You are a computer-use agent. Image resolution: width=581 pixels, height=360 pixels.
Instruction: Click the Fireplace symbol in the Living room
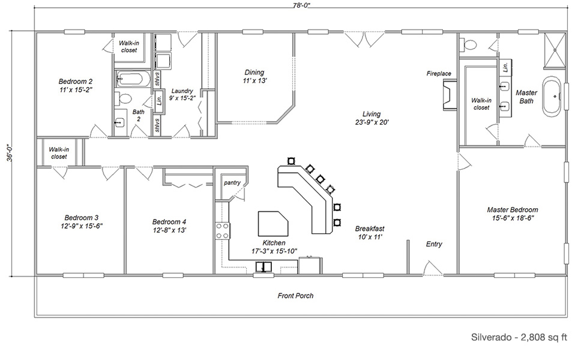tap(448, 95)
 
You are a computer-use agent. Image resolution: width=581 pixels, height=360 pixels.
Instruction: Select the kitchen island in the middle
tap(272, 223)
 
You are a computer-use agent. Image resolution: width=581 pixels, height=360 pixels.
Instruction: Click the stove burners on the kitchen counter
tap(222, 231)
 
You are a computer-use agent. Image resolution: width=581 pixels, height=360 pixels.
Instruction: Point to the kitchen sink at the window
tap(263, 267)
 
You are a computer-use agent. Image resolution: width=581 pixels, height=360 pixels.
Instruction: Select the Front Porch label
tap(296, 296)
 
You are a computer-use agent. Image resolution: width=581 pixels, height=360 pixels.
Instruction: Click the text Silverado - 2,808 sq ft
tap(519, 337)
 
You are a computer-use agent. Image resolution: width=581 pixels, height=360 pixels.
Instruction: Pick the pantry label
tap(232, 182)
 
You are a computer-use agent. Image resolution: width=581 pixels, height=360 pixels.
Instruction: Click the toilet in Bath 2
tap(124, 99)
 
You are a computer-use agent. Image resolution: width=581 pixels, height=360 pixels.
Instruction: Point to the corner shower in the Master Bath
tap(555, 50)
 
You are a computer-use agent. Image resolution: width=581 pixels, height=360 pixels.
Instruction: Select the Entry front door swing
tap(433, 268)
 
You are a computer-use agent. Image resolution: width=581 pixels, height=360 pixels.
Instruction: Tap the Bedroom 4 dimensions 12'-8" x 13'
tap(169, 230)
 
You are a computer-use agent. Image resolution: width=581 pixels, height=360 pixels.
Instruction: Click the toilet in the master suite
tap(468, 45)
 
